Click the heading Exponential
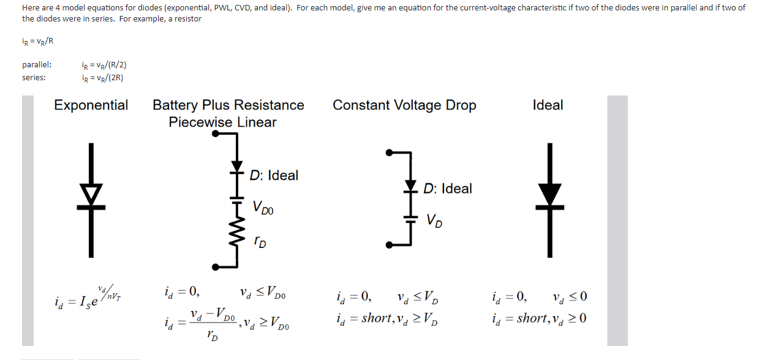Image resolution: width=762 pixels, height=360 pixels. click(91, 105)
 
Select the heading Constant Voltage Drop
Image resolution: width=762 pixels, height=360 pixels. click(404, 105)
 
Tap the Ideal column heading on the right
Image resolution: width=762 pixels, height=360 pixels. click(548, 105)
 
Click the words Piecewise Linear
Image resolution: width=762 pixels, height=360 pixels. click(222, 122)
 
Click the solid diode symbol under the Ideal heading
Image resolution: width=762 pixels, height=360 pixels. click(551, 195)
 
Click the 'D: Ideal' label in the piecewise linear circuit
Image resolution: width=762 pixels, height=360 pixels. click(274, 176)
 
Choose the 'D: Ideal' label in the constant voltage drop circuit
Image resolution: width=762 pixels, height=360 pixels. click(448, 189)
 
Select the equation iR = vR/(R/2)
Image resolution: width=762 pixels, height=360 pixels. click(104, 65)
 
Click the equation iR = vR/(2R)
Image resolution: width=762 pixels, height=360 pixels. click(104, 78)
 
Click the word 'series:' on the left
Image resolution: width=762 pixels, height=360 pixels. click(34, 78)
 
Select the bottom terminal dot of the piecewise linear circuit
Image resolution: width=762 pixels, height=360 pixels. click(216, 266)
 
